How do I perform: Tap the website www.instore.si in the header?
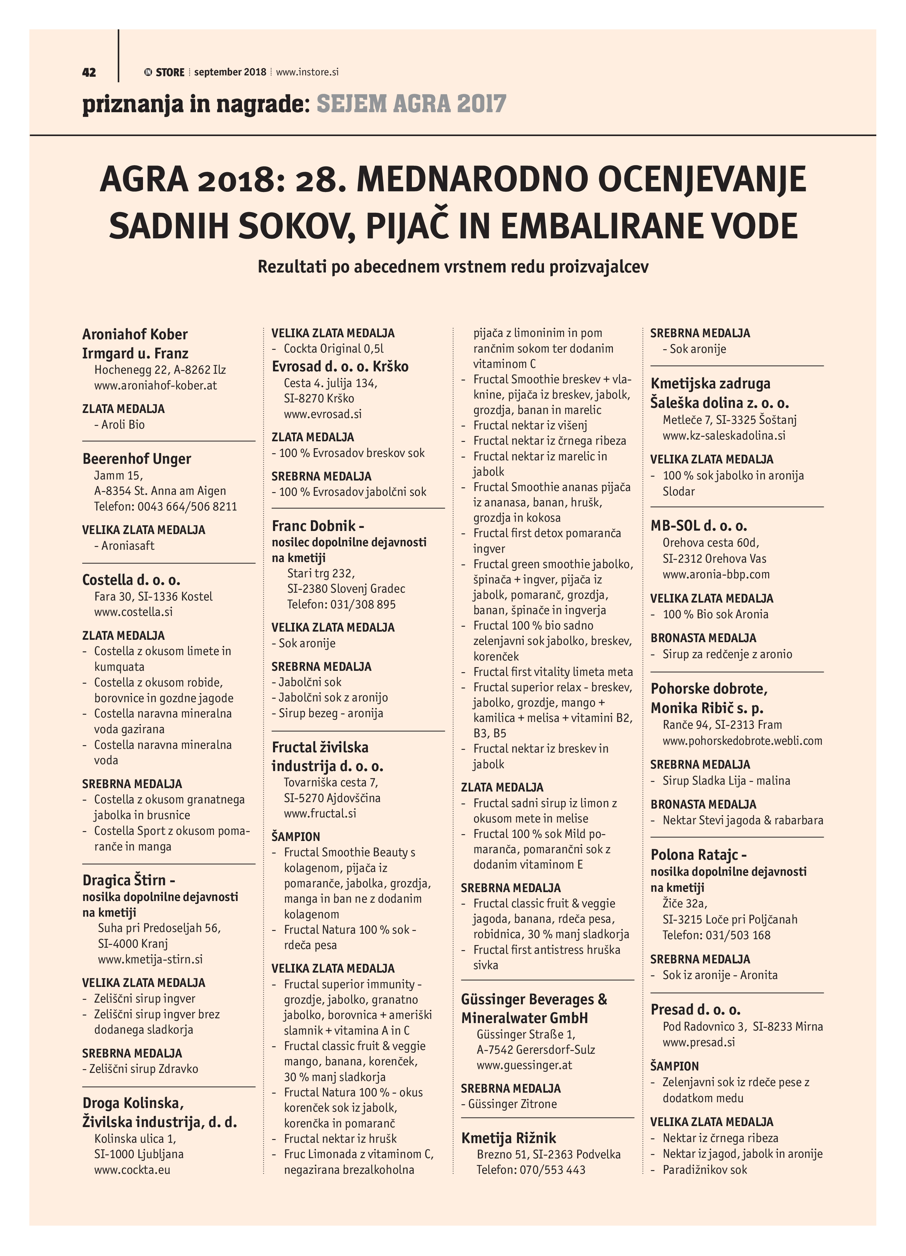click(x=307, y=72)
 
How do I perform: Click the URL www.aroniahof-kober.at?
click(x=155, y=385)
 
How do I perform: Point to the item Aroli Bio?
click(x=123, y=425)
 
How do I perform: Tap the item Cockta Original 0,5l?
click(x=334, y=349)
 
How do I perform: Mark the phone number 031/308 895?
click(x=363, y=604)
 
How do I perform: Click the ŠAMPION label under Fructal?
click(x=296, y=837)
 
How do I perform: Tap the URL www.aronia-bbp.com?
click(x=716, y=574)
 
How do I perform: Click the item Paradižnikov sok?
click(x=705, y=1170)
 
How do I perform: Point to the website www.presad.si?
click(x=698, y=1042)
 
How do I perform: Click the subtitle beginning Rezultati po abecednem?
click(x=453, y=267)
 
